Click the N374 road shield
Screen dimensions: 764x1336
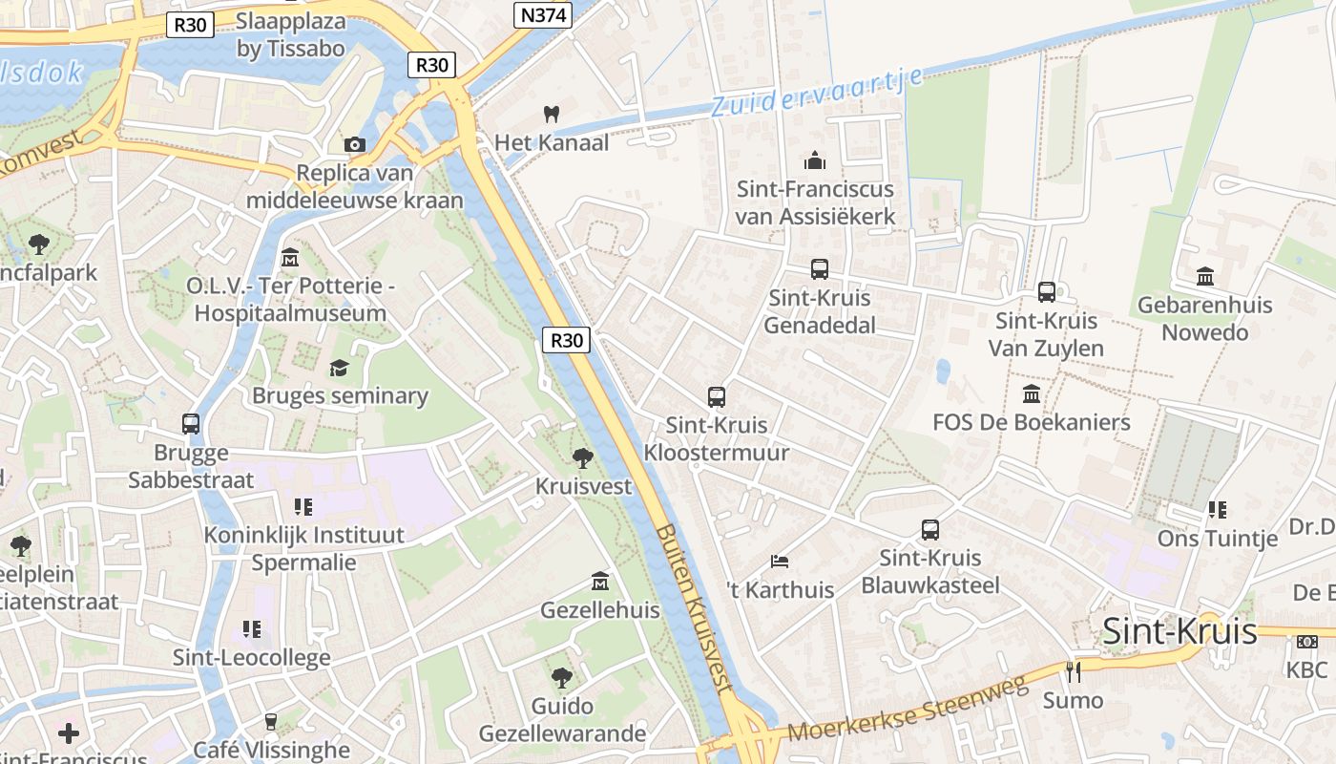(543, 15)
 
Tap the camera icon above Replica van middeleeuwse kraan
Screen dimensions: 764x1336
(355, 144)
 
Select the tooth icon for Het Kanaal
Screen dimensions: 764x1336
(550, 114)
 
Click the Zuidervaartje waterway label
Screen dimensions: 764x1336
(817, 92)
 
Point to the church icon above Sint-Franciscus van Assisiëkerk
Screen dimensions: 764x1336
(814, 159)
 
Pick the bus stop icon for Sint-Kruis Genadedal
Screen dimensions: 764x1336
(820, 269)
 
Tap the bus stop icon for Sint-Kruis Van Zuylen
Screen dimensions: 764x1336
(1047, 292)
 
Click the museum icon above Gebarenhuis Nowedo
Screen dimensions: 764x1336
(1205, 276)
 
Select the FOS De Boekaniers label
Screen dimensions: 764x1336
(1031, 422)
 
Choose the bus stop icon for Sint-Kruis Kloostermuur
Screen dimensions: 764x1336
(717, 396)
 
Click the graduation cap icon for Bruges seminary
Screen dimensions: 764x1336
(339, 368)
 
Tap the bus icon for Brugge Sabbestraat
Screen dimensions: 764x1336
(191, 423)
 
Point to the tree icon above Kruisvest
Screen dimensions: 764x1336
(582, 458)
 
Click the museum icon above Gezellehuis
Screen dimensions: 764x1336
(600, 581)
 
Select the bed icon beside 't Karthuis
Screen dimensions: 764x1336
(780, 561)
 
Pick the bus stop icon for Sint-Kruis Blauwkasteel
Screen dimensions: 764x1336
(930, 529)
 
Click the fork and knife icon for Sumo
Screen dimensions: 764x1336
(1074, 671)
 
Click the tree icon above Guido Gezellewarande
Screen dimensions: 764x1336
(562, 678)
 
